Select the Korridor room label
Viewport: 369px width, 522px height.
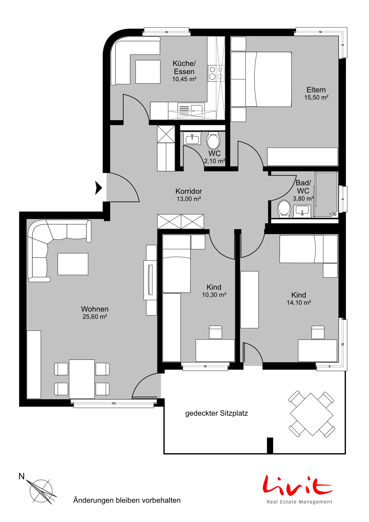tap(188, 191)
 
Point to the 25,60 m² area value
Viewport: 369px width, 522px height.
tap(95, 317)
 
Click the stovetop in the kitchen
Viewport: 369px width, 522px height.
tap(216, 73)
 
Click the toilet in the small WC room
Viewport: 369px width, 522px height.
tap(213, 141)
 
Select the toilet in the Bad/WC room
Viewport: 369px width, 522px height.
tap(284, 209)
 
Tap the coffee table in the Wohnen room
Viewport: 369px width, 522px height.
tap(73, 264)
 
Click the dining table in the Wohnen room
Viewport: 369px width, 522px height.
tap(82, 379)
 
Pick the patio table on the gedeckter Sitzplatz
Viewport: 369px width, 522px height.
tap(312, 415)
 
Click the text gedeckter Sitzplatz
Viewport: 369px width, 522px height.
tap(216, 413)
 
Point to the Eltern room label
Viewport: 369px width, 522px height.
tap(316, 90)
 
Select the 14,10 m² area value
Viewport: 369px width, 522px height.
tap(299, 303)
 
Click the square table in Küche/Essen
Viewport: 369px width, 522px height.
tap(148, 72)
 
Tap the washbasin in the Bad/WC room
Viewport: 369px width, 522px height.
tap(302, 211)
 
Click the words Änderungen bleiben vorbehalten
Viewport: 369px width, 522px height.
tap(127, 500)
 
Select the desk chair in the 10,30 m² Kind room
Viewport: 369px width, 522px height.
tap(215, 332)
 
